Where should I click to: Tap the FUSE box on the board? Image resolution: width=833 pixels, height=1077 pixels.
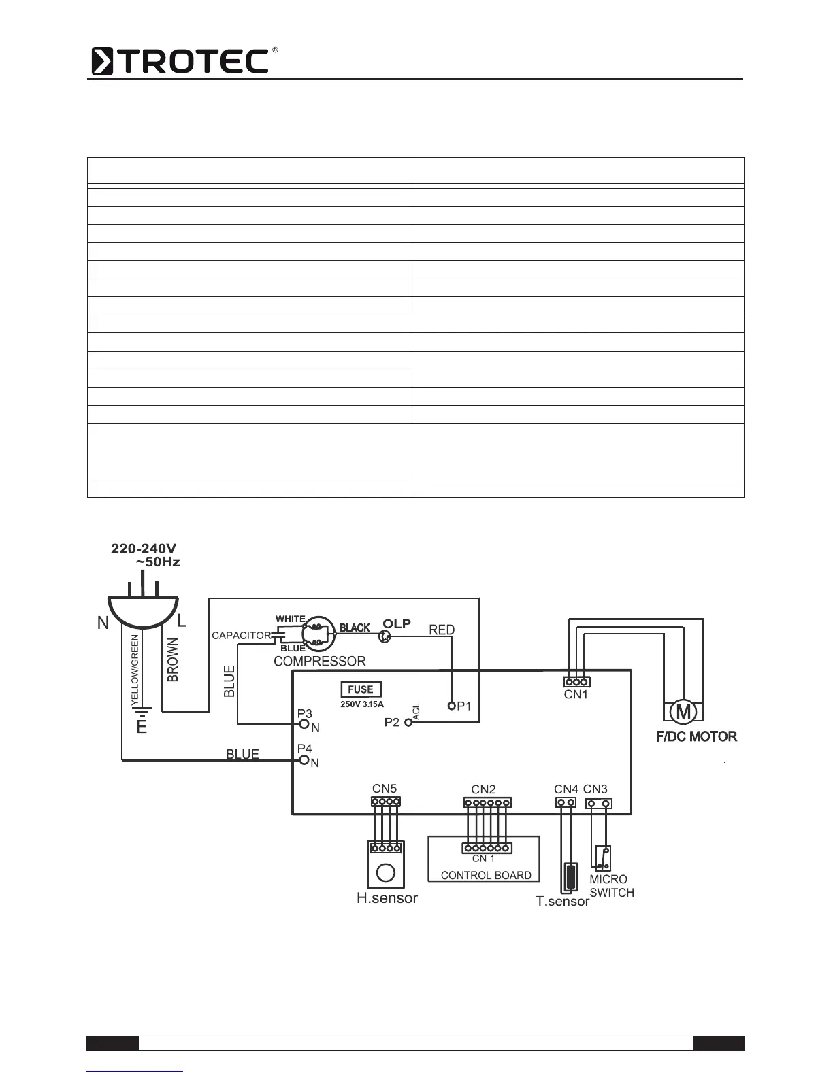(361, 690)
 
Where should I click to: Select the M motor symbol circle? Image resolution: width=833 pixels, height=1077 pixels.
(683, 712)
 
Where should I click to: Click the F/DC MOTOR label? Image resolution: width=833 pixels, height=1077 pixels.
(696, 736)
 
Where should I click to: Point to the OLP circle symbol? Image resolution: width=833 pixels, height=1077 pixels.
(385, 636)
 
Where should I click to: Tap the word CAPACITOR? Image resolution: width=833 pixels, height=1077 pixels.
(241, 636)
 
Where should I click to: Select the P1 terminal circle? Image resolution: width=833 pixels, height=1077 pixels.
(451, 706)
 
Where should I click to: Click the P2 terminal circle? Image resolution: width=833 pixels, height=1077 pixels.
(408, 723)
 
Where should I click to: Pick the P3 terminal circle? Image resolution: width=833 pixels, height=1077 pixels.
(305, 723)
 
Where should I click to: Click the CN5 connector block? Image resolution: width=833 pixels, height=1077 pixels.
(386, 802)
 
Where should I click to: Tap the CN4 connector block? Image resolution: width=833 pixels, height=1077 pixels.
(566, 803)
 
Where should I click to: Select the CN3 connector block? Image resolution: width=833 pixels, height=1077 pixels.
(598, 804)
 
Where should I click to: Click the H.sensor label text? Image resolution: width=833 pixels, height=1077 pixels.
(387, 898)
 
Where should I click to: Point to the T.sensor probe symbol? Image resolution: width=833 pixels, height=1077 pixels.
(570, 877)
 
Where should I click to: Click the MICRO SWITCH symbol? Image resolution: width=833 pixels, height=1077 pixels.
(602, 858)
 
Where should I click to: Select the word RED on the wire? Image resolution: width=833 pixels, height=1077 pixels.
(442, 630)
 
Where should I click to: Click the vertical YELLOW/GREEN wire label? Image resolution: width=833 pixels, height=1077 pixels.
(135, 669)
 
